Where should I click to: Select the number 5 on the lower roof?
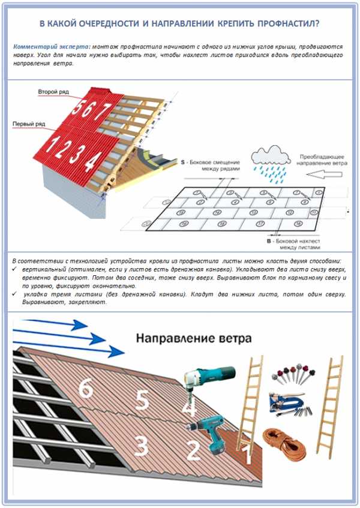coord(142,399)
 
